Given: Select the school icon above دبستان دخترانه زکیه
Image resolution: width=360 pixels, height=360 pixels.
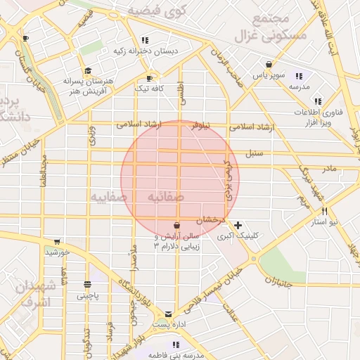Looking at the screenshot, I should tap(145, 40).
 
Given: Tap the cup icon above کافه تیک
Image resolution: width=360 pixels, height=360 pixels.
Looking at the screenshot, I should tap(149, 78).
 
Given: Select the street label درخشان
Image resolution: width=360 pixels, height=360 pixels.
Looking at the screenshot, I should tap(209, 219).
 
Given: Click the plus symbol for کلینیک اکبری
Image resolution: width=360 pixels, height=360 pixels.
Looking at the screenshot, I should tap(238, 225).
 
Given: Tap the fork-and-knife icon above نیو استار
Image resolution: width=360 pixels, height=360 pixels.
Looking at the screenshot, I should tap(325, 211).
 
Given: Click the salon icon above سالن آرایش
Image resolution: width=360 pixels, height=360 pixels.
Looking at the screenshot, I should tap(176, 225).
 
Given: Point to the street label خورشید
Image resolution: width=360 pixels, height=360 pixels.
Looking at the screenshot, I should tap(58, 251).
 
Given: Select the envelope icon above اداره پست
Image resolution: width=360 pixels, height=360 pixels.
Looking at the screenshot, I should tap(169, 314).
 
